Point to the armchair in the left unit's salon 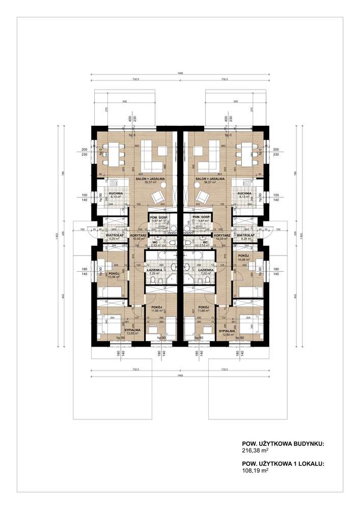coord(159,196)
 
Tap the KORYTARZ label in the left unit coord(139,236)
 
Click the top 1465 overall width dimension coord(180,73)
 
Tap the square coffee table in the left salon coord(162,151)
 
